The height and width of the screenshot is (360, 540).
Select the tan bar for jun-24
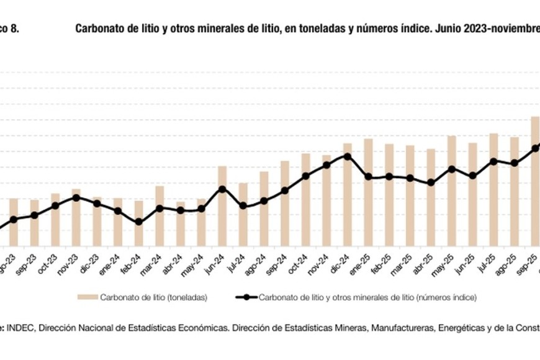pos(222,205)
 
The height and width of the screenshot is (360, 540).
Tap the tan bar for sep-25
pos(535,180)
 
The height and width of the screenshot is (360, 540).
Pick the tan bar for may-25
pos(452,190)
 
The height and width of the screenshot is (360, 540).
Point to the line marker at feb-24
pos(138,222)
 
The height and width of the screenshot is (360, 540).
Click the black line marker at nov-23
pos(76,197)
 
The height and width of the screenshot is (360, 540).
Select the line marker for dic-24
pos(348,156)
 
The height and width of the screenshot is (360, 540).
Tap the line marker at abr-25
pos(431,182)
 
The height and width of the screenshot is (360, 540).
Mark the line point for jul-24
pos(243,205)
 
